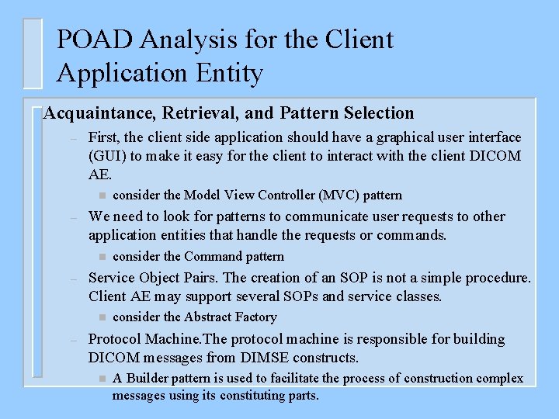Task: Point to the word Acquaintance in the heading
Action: coord(100,113)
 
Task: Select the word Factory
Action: coord(256,317)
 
